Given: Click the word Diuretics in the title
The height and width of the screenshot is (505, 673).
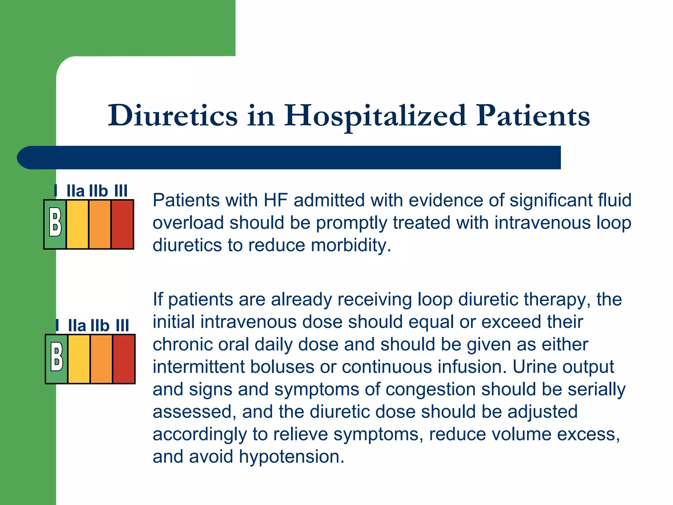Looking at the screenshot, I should coord(173,115).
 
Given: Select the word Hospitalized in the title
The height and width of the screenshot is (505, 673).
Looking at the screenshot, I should coord(375,116).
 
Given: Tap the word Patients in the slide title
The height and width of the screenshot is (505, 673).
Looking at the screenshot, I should coord(533,115).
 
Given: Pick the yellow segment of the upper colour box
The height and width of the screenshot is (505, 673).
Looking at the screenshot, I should coord(78,224).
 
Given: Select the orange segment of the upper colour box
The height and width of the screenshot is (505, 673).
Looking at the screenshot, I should coord(100,224).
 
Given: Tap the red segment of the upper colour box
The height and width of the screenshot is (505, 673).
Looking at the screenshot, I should coord(122,224).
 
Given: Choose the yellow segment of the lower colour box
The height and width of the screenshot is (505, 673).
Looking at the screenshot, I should coord(79,359).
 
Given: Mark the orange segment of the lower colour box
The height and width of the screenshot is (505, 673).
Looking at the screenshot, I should coord(102,359).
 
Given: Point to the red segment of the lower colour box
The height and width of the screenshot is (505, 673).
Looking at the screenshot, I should coord(124,359).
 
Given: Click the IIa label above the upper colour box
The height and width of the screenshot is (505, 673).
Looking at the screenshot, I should coord(75,191).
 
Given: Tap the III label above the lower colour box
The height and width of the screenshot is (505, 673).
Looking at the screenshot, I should coord(122,325).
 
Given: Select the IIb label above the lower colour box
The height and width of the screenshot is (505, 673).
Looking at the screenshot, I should coord(100,325).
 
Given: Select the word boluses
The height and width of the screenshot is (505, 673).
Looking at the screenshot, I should coord(282,367).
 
